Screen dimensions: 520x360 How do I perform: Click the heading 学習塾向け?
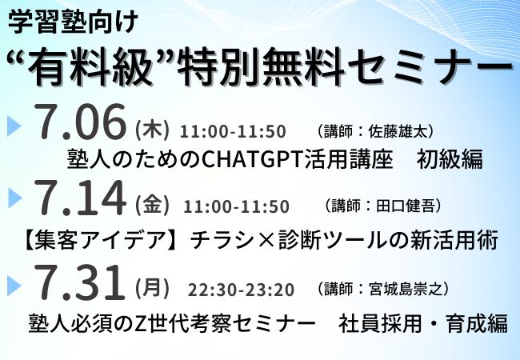[x=73, y=22]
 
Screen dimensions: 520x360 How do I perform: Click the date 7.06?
[x=80, y=122]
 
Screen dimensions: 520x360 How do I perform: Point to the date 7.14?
[x=80, y=197]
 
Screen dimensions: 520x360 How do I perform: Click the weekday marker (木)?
[x=152, y=130]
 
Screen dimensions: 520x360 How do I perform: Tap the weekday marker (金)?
[x=152, y=205]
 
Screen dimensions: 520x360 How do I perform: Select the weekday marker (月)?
[x=152, y=288]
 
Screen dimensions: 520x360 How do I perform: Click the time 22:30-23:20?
[x=241, y=290]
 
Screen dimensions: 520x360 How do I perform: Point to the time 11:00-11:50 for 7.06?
[x=233, y=131]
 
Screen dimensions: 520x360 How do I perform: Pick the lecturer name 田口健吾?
[x=405, y=206]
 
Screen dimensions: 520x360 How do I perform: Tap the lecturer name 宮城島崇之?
[x=406, y=289]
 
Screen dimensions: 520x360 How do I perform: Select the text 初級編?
[x=450, y=159]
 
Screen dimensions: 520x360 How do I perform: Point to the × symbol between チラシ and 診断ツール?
[x=266, y=240]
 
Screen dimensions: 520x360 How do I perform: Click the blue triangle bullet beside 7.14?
[x=14, y=198]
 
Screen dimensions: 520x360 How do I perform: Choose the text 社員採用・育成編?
[x=423, y=323]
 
